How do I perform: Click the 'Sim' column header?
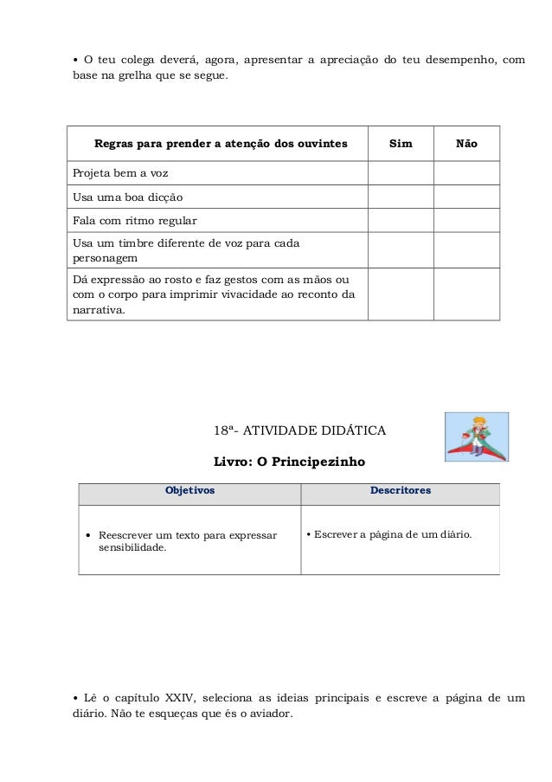click(401, 143)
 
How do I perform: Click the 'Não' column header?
click(466, 143)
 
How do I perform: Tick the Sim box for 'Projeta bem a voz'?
click(401, 173)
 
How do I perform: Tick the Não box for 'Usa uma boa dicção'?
click(466, 197)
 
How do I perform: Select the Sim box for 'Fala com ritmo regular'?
click(401, 220)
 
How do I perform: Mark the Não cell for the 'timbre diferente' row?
click(466, 249)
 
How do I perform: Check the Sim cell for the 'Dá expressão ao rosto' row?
click(401, 294)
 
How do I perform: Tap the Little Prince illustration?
click(475, 436)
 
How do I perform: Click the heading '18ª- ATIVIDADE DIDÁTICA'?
click(299, 430)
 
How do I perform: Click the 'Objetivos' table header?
click(189, 490)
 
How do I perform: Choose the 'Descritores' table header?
click(400, 490)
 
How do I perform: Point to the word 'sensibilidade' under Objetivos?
click(132, 548)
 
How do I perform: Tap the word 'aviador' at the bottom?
click(270, 715)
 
